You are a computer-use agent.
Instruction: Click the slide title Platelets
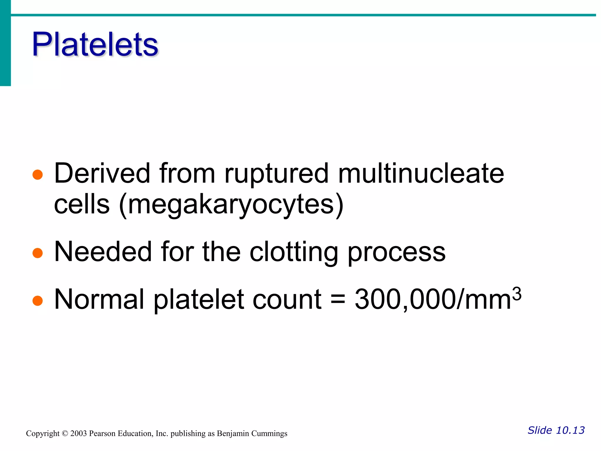click(95, 45)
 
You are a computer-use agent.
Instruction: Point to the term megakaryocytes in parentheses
click(231, 205)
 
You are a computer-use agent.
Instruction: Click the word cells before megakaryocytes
click(82, 204)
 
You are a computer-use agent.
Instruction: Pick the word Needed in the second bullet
click(103, 252)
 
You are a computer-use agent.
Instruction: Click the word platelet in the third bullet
click(199, 300)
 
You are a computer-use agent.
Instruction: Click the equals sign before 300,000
click(338, 300)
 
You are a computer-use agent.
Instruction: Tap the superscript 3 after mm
click(516, 294)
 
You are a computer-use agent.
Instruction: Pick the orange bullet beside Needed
click(38, 253)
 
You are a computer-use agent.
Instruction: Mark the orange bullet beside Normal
click(38, 300)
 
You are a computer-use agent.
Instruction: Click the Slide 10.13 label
click(556, 430)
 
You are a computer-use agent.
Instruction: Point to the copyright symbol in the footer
click(65, 434)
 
